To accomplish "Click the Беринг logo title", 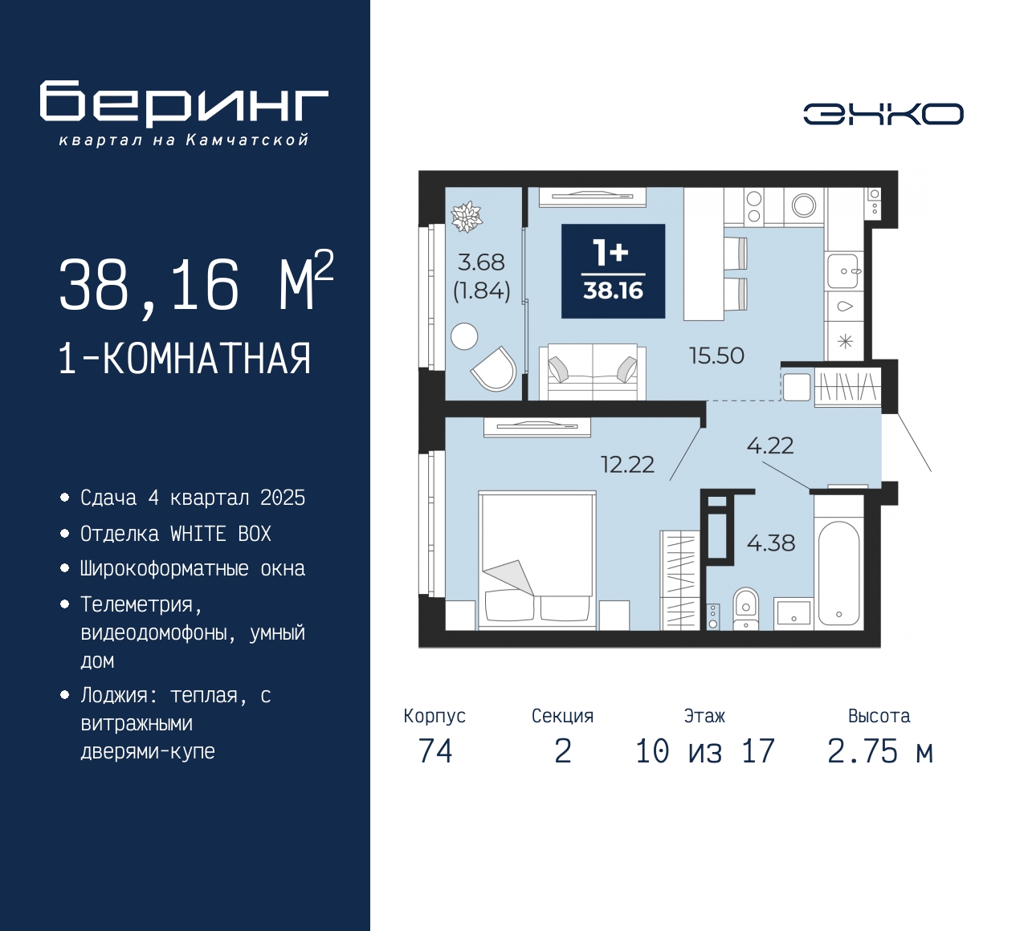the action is coord(184,104).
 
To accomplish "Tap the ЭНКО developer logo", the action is coord(883,114).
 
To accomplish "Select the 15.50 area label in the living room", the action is coord(716,356).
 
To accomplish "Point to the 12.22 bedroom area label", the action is coord(628,465).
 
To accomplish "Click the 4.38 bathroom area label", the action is coord(771,543).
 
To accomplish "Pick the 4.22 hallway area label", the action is coord(770,445).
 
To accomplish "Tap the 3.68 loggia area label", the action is coord(481,262).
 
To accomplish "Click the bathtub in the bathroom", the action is coord(838,573).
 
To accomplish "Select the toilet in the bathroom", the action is coord(745,608).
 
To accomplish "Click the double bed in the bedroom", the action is coord(537,560).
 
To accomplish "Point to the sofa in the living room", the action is coord(593,372).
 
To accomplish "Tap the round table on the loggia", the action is coord(464,336).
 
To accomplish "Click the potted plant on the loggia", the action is coord(467,217).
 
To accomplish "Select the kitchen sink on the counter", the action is coord(843,271).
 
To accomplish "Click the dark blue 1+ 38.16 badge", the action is coord(613,271).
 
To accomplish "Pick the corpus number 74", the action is coord(435,751).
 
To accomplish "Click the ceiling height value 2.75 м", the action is coord(880,751).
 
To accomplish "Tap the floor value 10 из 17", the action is coord(704,751).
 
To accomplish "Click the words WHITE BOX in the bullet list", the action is coord(221,535).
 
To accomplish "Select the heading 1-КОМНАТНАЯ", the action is coord(185,359).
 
